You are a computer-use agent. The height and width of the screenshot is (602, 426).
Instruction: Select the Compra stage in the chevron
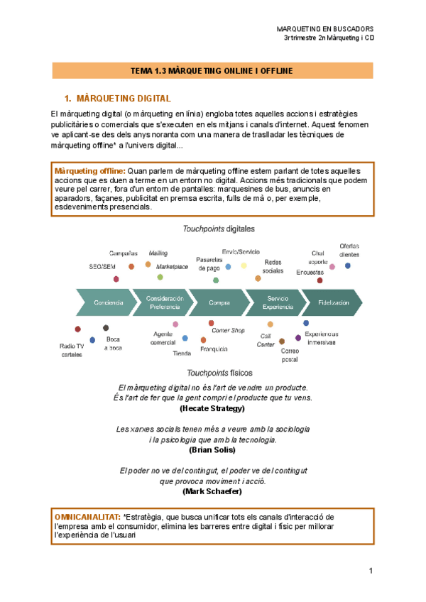pos(219,302)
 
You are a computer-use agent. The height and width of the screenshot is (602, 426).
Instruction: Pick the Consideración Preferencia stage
pos(164,302)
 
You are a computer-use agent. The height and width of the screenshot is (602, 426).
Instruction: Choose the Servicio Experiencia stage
pos(277,302)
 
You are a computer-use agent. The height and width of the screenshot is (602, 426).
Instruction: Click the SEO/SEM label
pos(102,266)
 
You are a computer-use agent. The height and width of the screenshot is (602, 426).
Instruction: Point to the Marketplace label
pos(172,267)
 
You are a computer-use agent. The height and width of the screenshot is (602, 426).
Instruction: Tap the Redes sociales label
pos(272,266)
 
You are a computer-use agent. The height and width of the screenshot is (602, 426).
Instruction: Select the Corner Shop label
pos(228,330)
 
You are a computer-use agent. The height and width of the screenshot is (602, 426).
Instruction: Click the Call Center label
pos(266,340)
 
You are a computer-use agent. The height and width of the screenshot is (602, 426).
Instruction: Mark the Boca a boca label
pos(113,344)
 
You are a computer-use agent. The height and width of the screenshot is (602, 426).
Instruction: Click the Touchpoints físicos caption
pos(219,373)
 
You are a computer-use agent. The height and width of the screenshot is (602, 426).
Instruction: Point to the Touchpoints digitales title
pos(219,229)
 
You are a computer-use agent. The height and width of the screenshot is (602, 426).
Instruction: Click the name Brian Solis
pos(212,449)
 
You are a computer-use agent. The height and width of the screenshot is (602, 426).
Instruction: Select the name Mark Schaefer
pos(212,491)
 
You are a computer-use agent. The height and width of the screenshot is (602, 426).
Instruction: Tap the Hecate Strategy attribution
pos(212,408)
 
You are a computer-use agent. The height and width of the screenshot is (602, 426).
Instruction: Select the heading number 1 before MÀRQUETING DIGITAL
pos(67,98)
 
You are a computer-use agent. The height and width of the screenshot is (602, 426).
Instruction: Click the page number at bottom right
pos(371,571)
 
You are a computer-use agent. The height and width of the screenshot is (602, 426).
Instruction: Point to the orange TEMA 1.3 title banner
pos(212,70)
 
